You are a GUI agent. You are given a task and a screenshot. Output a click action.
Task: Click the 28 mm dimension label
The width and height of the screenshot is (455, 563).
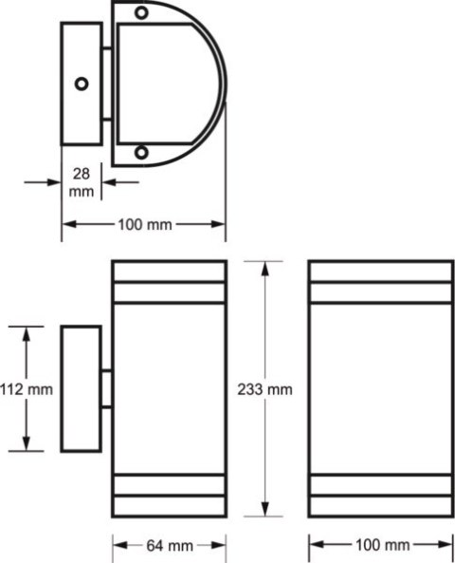82,182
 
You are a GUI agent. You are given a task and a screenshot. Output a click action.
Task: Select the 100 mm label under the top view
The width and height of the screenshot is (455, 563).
144,224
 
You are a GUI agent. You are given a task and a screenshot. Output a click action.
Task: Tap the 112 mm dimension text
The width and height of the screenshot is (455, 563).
27,389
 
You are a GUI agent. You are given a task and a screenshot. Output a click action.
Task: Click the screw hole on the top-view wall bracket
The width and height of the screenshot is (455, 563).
82,84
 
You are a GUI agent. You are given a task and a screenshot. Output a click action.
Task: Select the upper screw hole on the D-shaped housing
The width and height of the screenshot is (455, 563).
141,13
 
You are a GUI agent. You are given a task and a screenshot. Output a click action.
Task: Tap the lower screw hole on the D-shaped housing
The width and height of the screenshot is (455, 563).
141,153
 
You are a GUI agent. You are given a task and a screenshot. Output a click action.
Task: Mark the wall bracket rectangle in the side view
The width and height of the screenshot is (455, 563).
81,389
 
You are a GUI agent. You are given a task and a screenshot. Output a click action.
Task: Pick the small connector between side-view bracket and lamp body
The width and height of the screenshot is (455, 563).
106,389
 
